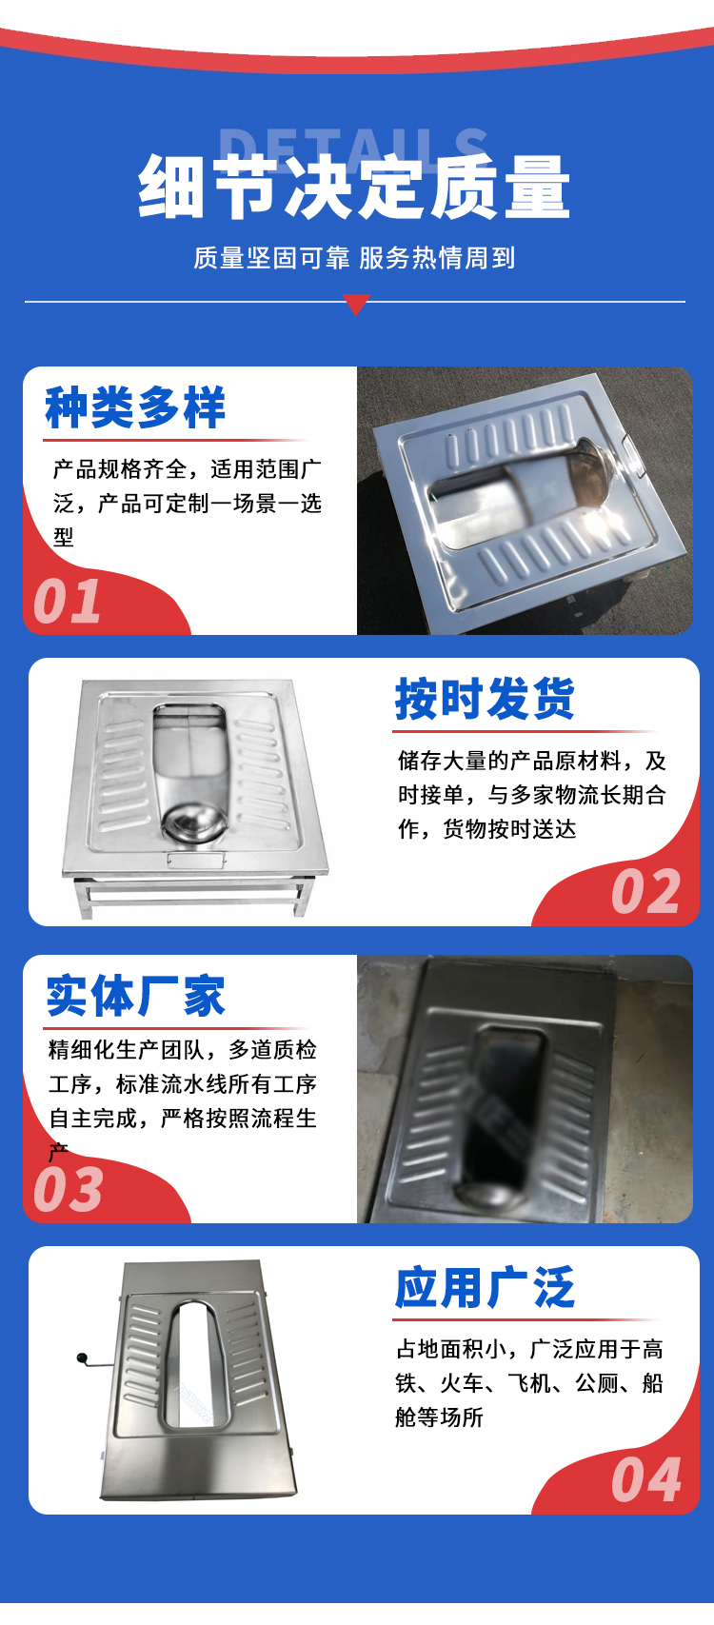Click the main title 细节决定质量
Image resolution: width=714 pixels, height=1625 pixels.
click(x=354, y=188)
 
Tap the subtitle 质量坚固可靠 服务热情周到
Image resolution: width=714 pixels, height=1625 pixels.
click(x=354, y=258)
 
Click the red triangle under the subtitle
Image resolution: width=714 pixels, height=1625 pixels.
click(x=356, y=304)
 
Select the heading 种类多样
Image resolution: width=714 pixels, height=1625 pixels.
click(x=135, y=407)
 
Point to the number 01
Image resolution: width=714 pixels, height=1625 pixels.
click(x=67, y=602)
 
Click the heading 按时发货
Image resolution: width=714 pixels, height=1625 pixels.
click(x=485, y=700)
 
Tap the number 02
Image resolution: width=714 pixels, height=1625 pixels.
click(x=645, y=892)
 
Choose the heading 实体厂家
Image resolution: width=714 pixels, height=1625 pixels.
click(x=136, y=996)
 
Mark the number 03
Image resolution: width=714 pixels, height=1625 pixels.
click(x=69, y=1190)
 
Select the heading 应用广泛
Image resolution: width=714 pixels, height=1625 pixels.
click(x=485, y=1288)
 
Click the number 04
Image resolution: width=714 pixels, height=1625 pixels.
click(x=645, y=1480)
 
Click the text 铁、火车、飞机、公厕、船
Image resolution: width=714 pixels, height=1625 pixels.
click(x=529, y=1383)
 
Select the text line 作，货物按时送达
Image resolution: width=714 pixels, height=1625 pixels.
click(x=486, y=828)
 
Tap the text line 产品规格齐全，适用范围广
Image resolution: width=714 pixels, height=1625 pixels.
click(x=188, y=469)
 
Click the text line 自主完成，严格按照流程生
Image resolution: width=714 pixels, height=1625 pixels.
click(x=183, y=1118)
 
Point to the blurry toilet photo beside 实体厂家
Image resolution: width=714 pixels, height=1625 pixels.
click(x=525, y=1089)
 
